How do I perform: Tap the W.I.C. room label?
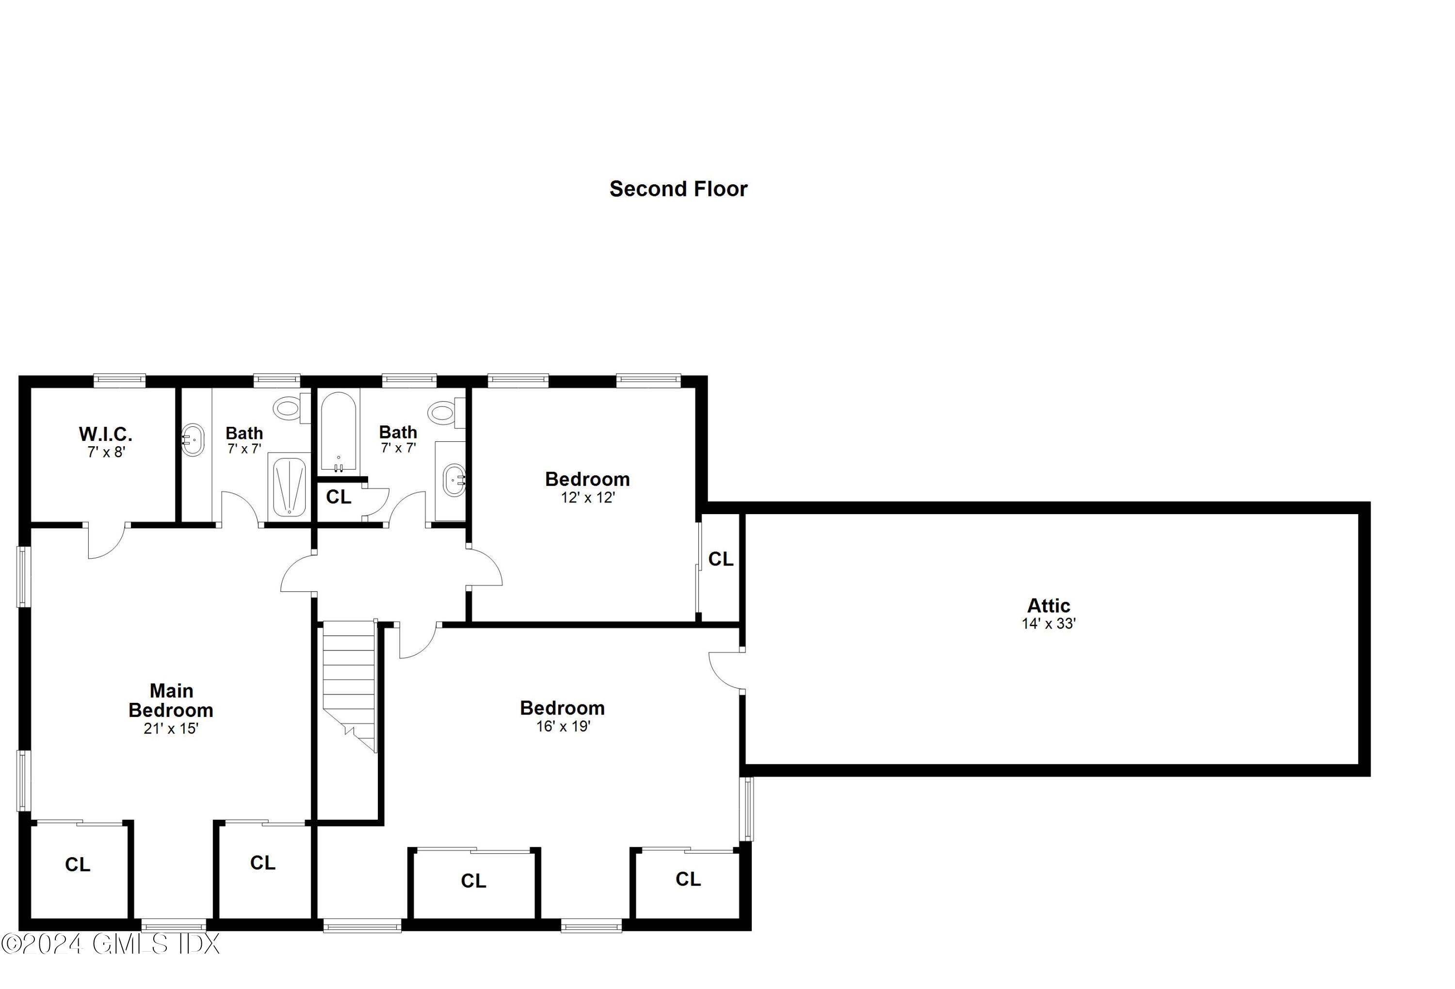105,434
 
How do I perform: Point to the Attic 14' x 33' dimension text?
1048,623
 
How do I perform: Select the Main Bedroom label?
171,700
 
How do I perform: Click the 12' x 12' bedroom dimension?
587,498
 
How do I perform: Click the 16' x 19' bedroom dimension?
563,726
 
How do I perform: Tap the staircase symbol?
349,682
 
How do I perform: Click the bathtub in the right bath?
339,431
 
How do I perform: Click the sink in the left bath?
193,440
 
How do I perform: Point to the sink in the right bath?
454,480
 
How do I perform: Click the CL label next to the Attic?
720,559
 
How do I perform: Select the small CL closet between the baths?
339,497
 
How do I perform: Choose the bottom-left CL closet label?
78,864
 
